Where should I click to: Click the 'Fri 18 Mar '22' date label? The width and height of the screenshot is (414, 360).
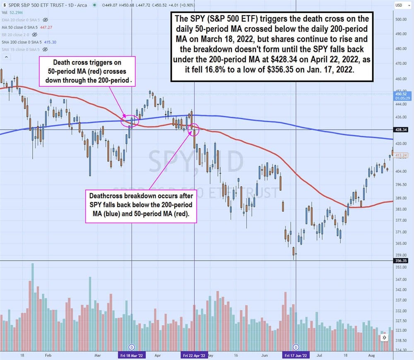point(132,355)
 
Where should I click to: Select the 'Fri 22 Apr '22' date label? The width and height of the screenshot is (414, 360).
point(194,355)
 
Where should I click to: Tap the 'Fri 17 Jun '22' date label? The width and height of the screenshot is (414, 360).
point(296,355)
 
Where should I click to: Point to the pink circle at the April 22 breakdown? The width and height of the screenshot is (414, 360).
point(193,130)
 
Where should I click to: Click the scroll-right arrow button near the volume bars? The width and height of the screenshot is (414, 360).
point(385,338)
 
